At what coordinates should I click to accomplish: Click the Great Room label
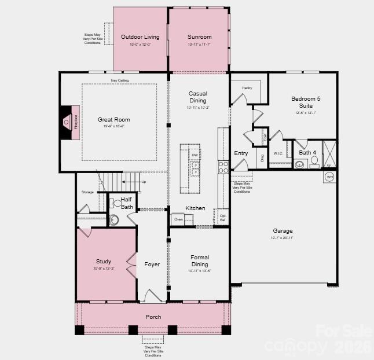[x=113, y=120]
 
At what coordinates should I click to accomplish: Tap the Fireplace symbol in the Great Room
[x=72, y=122]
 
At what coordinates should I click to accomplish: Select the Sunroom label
[x=199, y=37]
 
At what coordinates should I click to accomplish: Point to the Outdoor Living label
[x=140, y=37]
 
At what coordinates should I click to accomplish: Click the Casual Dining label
[x=198, y=97]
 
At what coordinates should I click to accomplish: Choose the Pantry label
[x=247, y=88]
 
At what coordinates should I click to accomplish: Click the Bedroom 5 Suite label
[x=306, y=102]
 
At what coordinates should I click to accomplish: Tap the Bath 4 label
[x=307, y=153]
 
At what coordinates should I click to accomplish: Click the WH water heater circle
[x=329, y=177]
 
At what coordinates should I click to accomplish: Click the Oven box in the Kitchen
[x=178, y=219]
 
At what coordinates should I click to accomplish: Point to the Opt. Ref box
[x=223, y=217]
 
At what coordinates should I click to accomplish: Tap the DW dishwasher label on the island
[x=195, y=156]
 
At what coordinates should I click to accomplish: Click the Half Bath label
[x=127, y=203]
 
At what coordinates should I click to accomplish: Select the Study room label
[x=104, y=262]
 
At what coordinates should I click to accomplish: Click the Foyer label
[x=152, y=265]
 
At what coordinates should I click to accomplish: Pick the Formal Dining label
[x=200, y=261]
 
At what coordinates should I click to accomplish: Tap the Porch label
[x=153, y=317]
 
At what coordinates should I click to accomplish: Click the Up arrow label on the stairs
[x=144, y=182]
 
